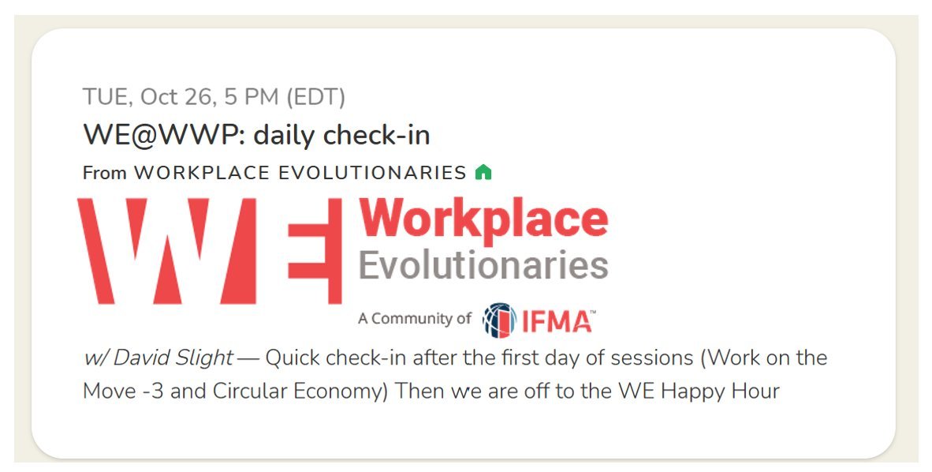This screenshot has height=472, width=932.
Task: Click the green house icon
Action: [x=483, y=172]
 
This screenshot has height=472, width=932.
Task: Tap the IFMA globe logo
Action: [x=499, y=320]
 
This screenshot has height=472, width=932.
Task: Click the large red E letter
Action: [x=315, y=251]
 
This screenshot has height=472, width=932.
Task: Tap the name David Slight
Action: [x=173, y=358]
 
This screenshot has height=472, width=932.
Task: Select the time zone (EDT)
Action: [x=315, y=97]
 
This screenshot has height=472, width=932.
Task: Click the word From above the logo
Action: [x=105, y=173]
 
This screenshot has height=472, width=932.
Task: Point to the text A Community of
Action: [x=414, y=319]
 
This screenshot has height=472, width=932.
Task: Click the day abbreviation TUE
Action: [x=106, y=97]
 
